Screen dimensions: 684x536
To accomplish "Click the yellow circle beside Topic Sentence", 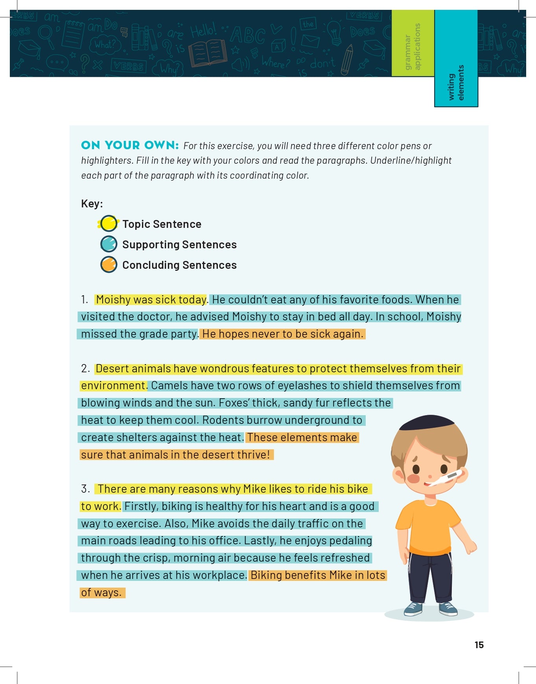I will pyautogui.click(x=109, y=224).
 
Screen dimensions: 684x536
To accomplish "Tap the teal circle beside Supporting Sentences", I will pyautogui.click(x=109, y=244).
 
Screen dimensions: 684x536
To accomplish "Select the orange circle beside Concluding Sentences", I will pyautogui.click(x=109, y=264).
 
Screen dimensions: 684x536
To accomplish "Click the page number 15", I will pyautogui.click(x=479, y=645).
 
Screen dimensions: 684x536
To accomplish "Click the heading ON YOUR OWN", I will pyautogui.click(x=130, y=145).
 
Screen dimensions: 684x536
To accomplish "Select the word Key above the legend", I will pyautogui.click(x=91, y=203).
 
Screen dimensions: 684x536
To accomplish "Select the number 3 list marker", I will pyautogui.click(x=85, y=489).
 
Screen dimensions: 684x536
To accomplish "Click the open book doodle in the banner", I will pyautogui.click(x=208, y=53).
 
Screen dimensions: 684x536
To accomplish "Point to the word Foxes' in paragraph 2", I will pyautogui.click(x=234, y=403).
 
